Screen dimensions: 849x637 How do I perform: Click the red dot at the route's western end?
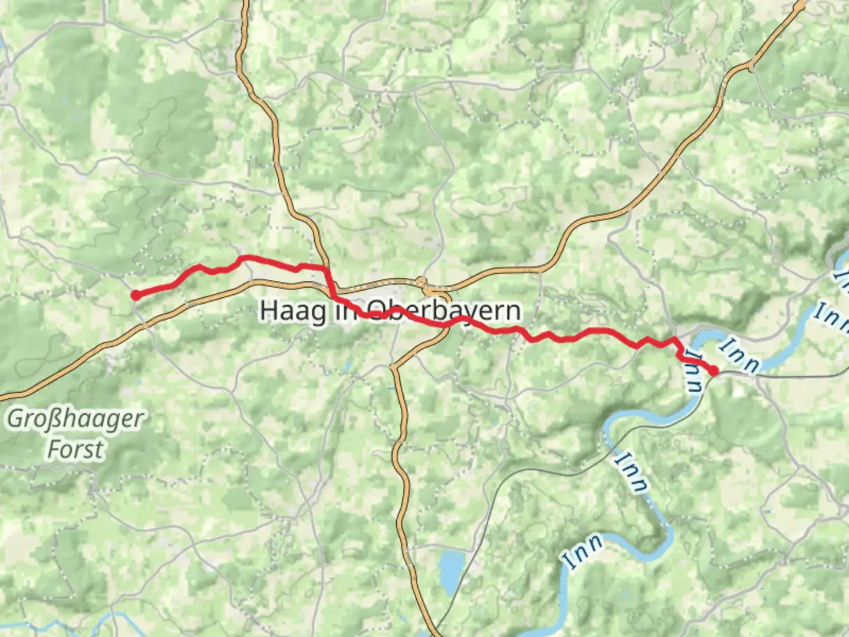[136, 295]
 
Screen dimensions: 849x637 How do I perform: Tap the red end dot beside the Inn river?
[713, 371]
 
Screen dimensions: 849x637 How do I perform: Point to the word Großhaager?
[75, 419]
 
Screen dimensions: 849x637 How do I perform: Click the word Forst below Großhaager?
[75, 449]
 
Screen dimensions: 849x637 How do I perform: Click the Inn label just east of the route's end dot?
[741, 356]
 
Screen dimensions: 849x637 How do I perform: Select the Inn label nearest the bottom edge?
[583, 551]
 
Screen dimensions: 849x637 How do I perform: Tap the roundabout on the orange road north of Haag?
[422, 281]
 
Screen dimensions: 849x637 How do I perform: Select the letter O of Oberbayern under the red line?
[377, 311]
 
